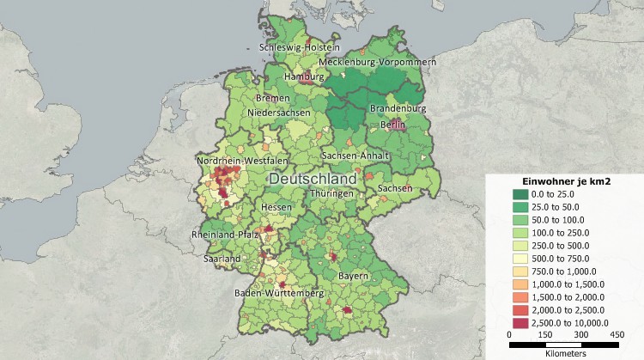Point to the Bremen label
pyautogui.click(x=272, y=99)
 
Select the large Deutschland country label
pyautogui.click(x=313, y=178)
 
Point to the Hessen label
pyautogui.click(x=278, y=208)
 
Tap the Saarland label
pyautogui.click(x=222, y=258)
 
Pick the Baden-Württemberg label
pyautogui.click(x=279, y=294)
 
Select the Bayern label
pyautogui.click(x=353, y=276)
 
